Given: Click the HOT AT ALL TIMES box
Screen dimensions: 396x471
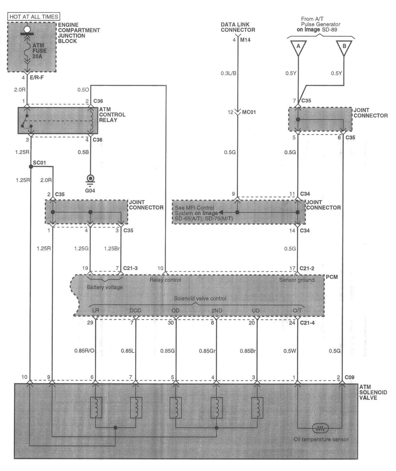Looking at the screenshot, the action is [34, 16].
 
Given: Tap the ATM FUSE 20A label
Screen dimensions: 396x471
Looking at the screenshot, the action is [39, 51].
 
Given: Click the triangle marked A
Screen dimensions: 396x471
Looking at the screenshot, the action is [298, 47].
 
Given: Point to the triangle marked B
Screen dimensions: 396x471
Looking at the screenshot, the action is [344, 47].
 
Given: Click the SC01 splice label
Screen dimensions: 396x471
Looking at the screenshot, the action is [39, 163].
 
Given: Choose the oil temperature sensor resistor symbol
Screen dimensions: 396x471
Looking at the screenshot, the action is [320, 428].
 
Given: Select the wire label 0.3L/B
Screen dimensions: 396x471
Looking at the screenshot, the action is [228, 73].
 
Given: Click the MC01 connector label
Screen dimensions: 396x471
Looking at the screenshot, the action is [249, 112].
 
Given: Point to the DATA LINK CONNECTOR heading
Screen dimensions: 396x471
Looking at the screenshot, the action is [238, 27].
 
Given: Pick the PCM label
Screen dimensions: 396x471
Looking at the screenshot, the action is [332, 277].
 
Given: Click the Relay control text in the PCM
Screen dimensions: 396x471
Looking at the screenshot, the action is [165, 280].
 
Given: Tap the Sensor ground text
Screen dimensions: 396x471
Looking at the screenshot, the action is [297, 280].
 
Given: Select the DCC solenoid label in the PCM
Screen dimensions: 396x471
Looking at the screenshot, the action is [135, 310].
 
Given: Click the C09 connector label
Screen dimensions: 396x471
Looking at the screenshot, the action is [349, 377].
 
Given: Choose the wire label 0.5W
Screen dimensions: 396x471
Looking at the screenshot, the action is [290, 351].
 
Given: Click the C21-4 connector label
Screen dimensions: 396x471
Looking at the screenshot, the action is [307, 323].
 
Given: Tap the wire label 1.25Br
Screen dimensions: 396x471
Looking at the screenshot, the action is [112, 249].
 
